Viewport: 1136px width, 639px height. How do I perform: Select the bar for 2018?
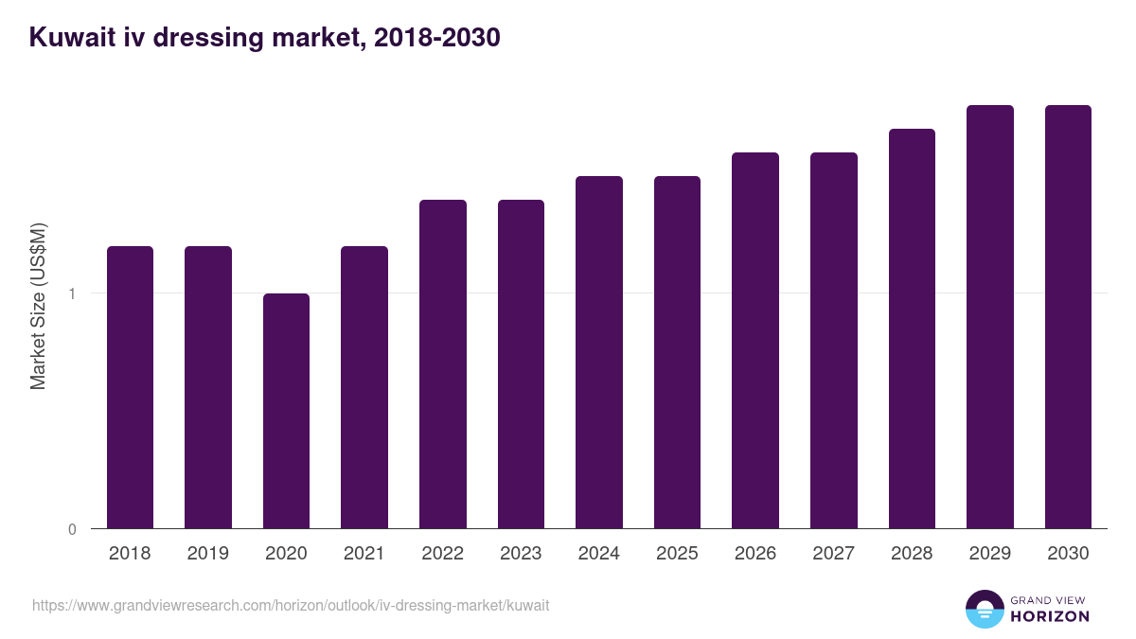pyautogui.click(x=130, y=387)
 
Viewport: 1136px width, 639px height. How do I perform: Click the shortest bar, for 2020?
pyautogui.click(x=286, y=411)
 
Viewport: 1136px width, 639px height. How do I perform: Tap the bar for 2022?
pyautogui.click(x=442, y=364)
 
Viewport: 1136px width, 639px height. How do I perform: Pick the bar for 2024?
pyautogui.click(x=598, y=352)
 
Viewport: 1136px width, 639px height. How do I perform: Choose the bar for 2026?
pyautogui.click(x=755, y=340)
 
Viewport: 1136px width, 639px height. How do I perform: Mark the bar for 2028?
pyautogui.click(x=912, y=328)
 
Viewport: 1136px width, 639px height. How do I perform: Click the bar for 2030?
pyautogui.click(x=1068, y=316)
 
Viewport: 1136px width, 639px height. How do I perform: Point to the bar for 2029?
pyautogui.click(x=989, y=316)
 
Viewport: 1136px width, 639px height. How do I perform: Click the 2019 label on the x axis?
pyautogui.click(x=207, y=554)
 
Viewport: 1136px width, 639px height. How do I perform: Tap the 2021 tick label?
pyautogui.click(x=364, y=554)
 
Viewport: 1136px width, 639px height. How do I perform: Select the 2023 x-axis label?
pyautogui.click(x=520, y=554)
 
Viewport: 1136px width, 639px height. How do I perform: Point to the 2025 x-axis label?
pyautogui.click(x=676, y=554)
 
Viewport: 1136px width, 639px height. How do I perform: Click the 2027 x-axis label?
pyautogui.click(x=833, y=554)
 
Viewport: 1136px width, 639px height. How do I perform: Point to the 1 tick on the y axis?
pyautogui.click(x=72, y=293)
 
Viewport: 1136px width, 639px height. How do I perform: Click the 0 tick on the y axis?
pyautogui.click(x=72, y=529)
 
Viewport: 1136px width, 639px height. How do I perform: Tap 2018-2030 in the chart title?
pyautogui.click(x=436, y=38)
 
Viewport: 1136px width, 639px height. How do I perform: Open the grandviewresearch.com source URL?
pyautogui.click(x=291, y=605)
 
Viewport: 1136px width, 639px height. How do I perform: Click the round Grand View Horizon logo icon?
pyautogui.click(x=984, y=609)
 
